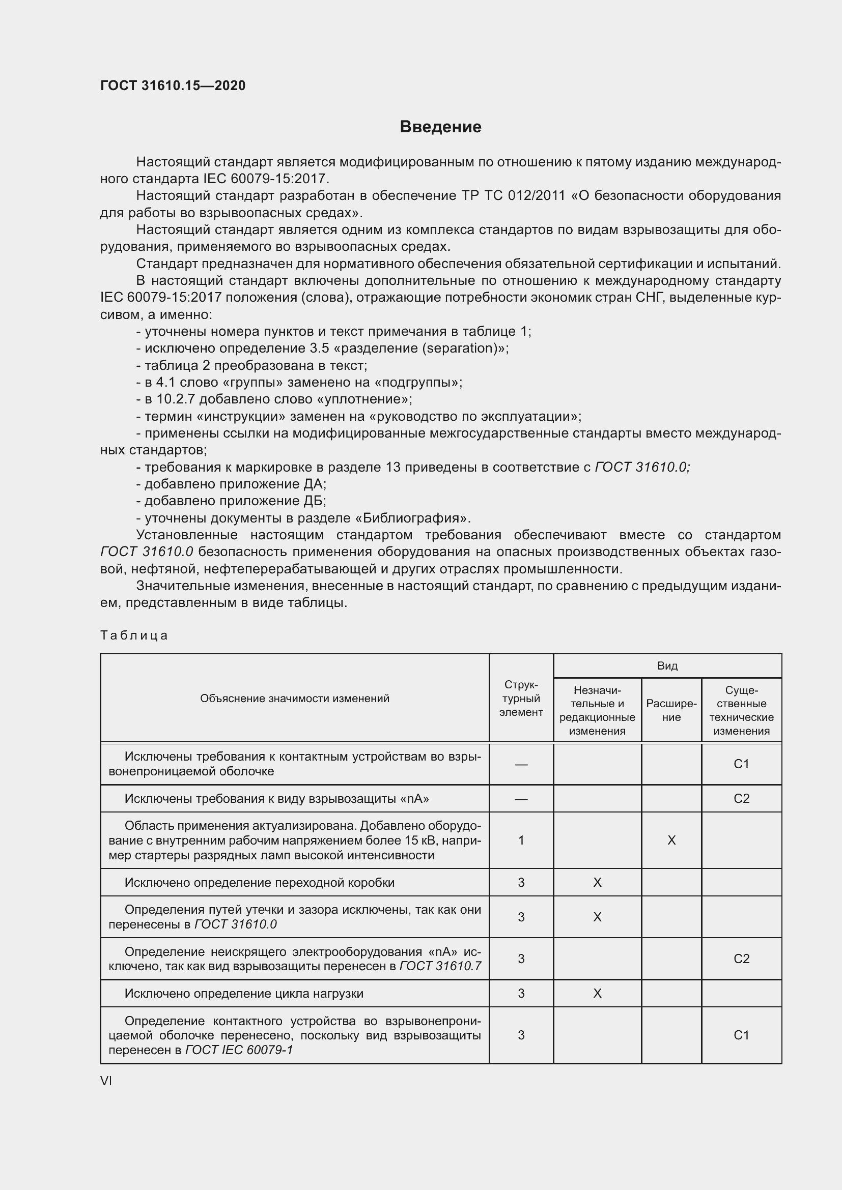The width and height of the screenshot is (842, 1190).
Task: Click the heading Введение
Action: tap(440, 127)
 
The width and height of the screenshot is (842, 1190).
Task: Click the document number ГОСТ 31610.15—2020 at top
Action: tap(173, 85)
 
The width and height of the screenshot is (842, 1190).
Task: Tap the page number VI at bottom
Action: tap(106, 1081)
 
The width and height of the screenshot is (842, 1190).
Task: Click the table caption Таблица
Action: tap(134, 635)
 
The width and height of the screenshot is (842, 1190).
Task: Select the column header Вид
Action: tap(667, 666)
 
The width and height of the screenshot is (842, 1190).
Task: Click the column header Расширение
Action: tap(671, 711)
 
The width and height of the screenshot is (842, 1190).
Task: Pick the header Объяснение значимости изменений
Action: tap(294, 698)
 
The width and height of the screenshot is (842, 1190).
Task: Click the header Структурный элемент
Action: tap(521, 699)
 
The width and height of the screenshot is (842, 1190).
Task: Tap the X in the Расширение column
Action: tap(671, 840)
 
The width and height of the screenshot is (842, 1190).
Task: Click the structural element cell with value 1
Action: tap(521, 840)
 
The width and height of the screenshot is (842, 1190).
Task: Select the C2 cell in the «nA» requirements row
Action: tap(741, 798)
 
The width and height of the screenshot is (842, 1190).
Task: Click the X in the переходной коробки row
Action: tap(597, 882)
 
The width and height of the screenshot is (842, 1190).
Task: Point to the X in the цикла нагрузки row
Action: tap(597, 993)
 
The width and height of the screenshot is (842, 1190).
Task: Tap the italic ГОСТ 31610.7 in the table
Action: tap(440, 966)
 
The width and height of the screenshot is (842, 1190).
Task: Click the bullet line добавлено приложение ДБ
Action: tap(231, 501)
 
